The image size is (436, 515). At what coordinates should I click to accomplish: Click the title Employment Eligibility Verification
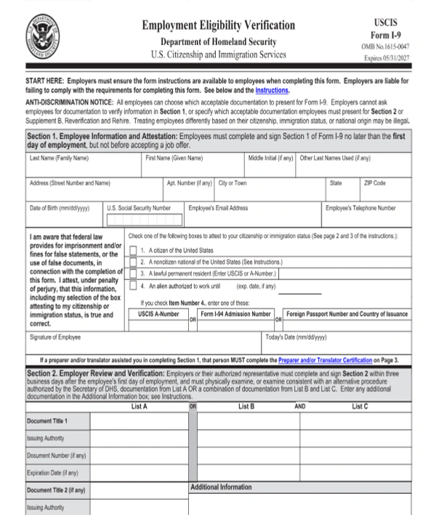point(218,25)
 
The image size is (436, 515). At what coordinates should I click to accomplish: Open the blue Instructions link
point(272,91)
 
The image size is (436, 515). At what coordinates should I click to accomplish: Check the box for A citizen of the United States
point(133,249)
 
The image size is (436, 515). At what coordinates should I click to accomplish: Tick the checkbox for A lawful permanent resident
point(133,274)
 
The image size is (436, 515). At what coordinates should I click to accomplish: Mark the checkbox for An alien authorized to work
point(133,286)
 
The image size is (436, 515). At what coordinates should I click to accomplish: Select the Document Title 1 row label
point(48,421)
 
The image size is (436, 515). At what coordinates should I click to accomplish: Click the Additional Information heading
point(221,487)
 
